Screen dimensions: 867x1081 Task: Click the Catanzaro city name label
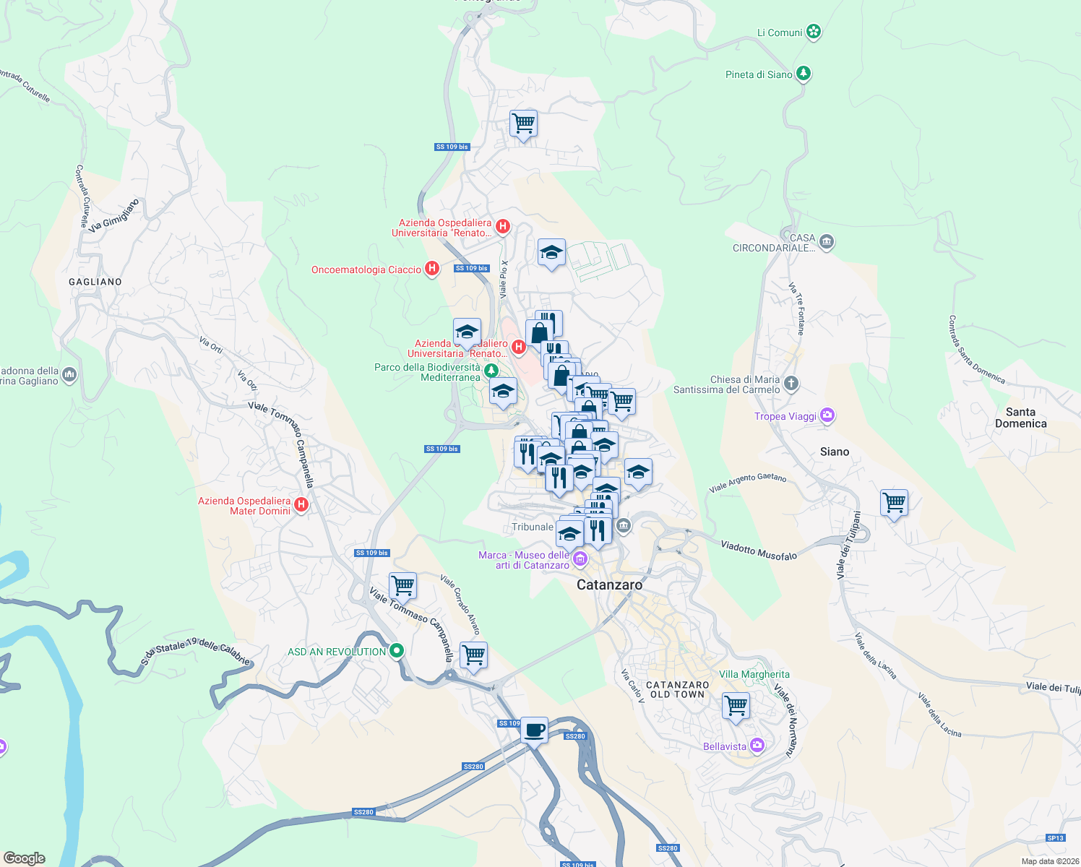pos(609,585)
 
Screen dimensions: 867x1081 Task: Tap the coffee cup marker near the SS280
pos(534,730)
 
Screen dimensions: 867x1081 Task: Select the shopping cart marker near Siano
pos(894,502)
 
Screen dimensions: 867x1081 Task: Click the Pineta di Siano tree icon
pos(803,74)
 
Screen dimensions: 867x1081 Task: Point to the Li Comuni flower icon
pos(814,32)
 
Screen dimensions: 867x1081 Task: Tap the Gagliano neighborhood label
pos(95,282)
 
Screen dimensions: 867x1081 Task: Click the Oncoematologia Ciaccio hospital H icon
pos(432,269)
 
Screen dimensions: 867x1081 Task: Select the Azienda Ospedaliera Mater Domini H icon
pos(301,505)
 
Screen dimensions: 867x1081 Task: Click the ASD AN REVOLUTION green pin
pos(396,651)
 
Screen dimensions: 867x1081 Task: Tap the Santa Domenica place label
pos(1020,418)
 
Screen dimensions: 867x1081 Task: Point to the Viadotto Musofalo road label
pos(759,551)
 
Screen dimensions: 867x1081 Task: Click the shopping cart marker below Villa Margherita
pos(736,704)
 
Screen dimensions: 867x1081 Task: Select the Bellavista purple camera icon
pos(757,745)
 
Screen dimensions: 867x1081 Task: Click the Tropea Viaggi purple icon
pos(827,415)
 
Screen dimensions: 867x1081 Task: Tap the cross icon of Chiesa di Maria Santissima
pos(791,384)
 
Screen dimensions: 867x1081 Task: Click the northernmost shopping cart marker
pos(523,123)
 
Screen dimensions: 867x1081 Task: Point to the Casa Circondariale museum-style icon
pos(827,242)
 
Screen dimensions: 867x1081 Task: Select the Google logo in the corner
pos(24,858)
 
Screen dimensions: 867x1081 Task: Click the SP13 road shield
pos(1055,838)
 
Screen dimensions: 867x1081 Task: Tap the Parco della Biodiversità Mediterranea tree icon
pos(491,371)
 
